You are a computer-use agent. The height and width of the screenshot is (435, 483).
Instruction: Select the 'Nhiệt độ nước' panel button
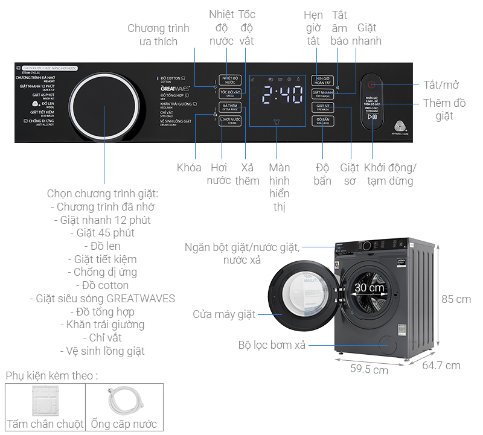coord(230,80)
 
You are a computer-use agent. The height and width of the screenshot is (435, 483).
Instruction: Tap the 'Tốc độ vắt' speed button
coord(230,94)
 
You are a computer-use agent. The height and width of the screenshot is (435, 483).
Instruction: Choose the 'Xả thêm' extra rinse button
coord(230,107)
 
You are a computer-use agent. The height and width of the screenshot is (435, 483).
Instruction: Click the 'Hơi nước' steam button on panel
coord(230,121)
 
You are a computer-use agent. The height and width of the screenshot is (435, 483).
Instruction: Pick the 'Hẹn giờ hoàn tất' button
coord(322,80)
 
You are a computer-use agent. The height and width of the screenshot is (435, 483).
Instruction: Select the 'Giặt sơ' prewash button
coord(322,107)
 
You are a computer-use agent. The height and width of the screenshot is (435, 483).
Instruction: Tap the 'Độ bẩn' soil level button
coord(322,121)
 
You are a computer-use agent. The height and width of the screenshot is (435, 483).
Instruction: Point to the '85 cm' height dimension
coord(456,299)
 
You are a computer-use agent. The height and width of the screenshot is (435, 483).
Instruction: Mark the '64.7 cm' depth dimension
coord(441,365)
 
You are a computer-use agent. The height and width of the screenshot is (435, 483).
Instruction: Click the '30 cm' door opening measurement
coord(369,288)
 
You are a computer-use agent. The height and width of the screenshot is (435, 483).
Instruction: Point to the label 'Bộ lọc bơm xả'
coord(272,345)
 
